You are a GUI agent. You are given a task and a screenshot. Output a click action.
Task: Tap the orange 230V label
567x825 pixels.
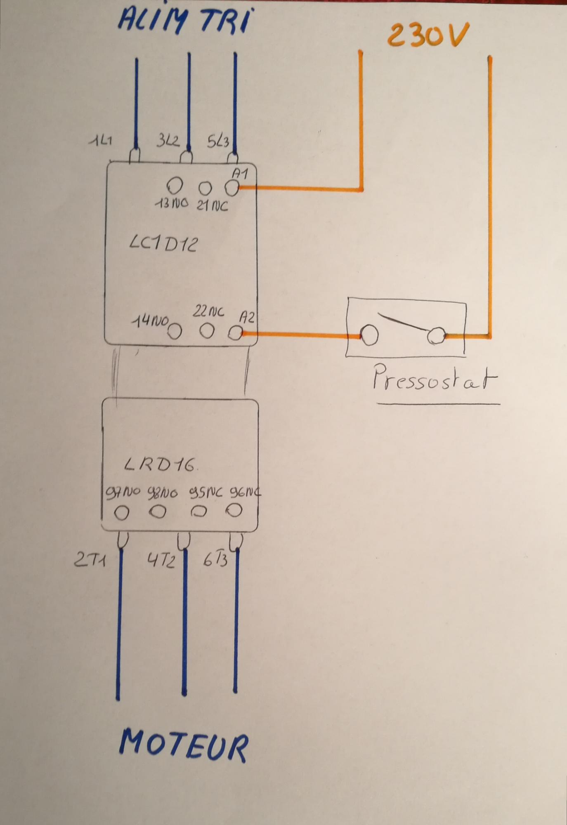pos(428,35)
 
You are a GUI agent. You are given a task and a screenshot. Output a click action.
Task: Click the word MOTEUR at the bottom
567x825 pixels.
pos(184,746)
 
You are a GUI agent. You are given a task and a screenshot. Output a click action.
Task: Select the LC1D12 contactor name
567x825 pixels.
pos(164,244)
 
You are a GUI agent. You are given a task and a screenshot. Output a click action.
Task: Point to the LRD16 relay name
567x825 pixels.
pos(160,465)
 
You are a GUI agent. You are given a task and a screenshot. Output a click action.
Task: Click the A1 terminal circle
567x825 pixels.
pos(232,189)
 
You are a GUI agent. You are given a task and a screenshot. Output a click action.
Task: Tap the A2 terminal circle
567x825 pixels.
pos(235,333)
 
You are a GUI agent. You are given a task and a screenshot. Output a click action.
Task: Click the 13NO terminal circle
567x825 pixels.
pos(175,186)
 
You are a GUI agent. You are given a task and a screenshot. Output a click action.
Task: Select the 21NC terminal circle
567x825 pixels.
pos(205,189)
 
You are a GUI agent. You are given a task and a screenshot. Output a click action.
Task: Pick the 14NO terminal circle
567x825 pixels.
pos(175,331)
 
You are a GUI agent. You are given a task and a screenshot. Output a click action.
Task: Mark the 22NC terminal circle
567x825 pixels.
pos(207,331)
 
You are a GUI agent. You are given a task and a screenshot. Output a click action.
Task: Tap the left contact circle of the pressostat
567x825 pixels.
pos(369,335)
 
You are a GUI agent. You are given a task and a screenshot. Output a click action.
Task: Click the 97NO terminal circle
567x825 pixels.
pos(122,513)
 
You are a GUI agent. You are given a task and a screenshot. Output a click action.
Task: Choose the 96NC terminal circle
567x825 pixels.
pos(234,511)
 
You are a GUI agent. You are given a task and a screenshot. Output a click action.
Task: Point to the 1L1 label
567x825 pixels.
pos(101,141)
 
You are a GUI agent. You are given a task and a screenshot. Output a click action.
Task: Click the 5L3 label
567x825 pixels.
pos(218,141)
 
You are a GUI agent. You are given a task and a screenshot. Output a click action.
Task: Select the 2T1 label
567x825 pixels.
pos(90,560)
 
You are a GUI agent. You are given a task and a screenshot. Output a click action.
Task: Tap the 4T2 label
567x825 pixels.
pos(161,561)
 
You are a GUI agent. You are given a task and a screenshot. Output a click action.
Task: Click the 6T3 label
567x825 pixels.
pos(215,560)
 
